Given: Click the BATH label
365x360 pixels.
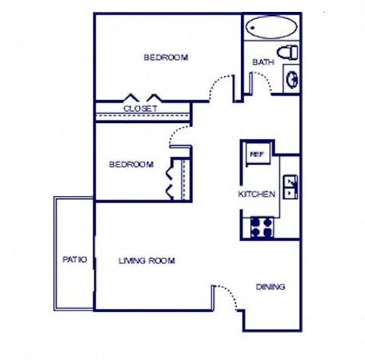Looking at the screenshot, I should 263,63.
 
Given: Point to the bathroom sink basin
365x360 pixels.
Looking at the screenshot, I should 290,77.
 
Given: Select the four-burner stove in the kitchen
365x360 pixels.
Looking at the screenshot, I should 262,225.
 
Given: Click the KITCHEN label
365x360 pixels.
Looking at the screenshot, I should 256,194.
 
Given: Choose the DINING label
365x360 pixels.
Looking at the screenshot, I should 270,287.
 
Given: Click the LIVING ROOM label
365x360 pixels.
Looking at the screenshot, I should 147,261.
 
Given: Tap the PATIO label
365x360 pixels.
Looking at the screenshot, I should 74,260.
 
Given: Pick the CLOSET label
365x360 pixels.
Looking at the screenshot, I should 140,109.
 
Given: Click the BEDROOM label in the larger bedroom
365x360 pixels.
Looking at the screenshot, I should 167,58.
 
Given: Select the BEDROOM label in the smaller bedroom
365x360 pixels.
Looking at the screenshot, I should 131,164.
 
